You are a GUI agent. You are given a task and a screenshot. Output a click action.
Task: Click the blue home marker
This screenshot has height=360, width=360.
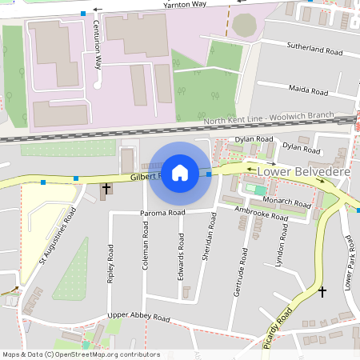pyautogui.click(x=180, y=172)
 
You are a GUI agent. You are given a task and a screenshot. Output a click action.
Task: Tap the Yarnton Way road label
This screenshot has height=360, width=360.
pyautogui.click(x=184, y=5)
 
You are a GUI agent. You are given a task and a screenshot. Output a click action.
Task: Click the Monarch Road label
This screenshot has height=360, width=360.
pyautogui.click(x=286, y=201)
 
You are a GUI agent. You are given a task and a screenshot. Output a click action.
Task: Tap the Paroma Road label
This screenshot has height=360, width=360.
pyautogui.click(x=162, y=213)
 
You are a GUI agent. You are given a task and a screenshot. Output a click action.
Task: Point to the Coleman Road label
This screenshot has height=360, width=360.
pyautogui.click(x=146, y=245)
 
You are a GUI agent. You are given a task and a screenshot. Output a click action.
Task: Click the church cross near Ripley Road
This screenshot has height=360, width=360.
pyautogui.click(x=106, y=189)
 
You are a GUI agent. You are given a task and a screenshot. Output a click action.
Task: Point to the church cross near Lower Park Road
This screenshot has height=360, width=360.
pyautogui.click(x=322, y=293)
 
